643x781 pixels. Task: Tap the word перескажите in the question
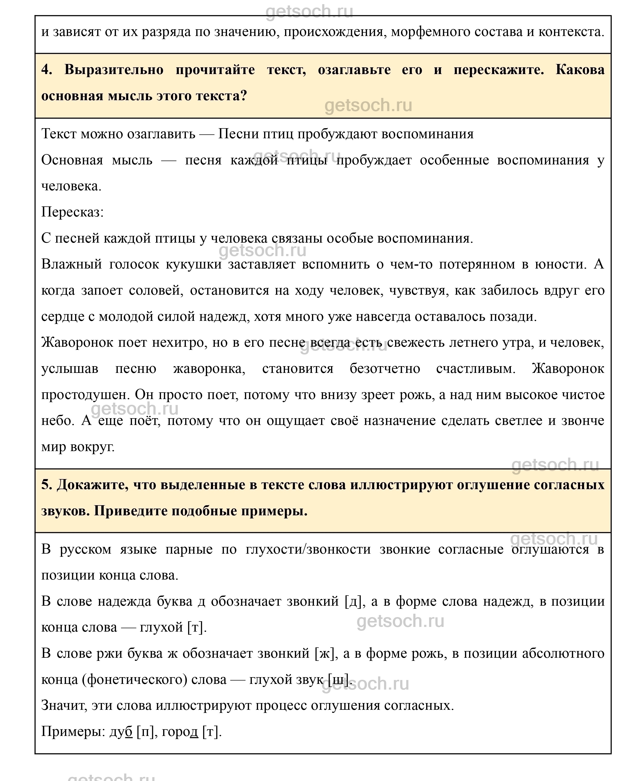tap(499, 70)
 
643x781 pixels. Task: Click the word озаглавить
tap(161, 134)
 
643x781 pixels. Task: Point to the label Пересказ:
tap(72, 212)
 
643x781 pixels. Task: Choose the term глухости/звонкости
tap(308, 549)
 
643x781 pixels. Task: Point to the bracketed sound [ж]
tap(326, 653)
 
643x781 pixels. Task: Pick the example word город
tap(180, 732)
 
